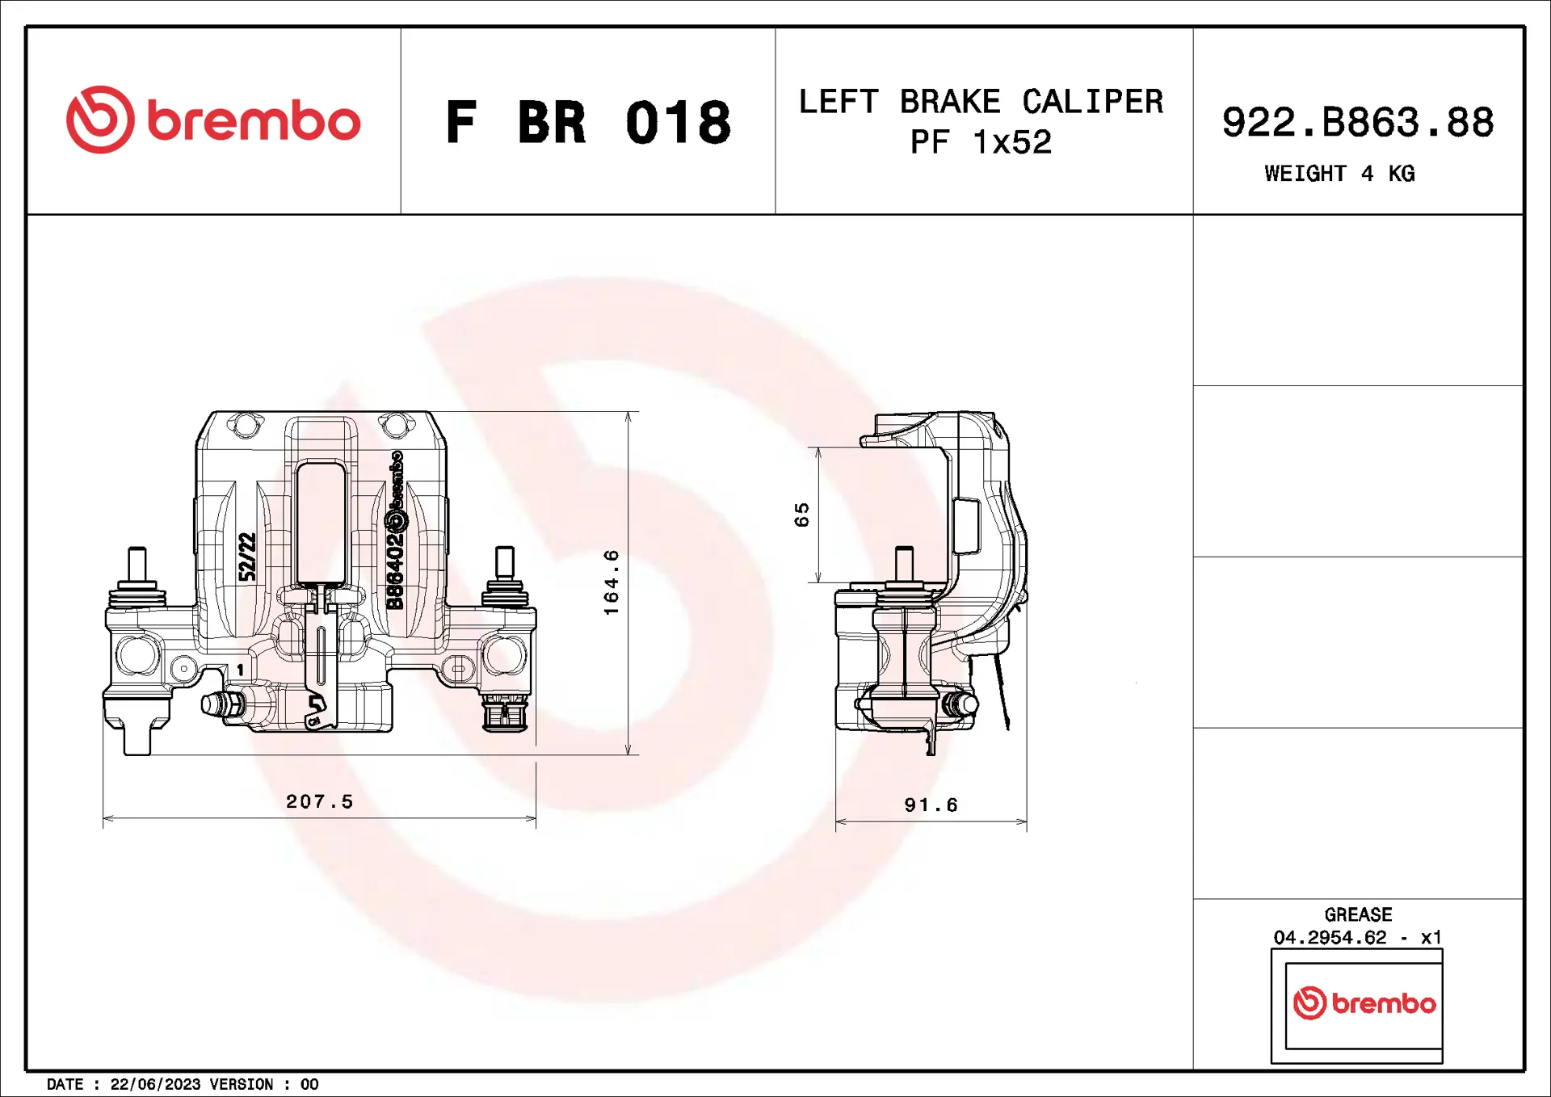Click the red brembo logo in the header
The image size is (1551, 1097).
[x=213, y=120]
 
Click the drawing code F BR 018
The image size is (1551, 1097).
[x=588, y=123]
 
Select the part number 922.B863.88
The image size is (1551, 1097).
[x=1357, y=123]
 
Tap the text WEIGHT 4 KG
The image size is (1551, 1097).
[x=1339, y=174]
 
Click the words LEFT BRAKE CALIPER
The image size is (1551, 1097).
[x=981, y=103]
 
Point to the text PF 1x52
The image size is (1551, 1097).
[x=981, y=143]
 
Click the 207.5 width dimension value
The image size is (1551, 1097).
[x=320, y=801]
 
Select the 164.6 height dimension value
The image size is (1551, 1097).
[x=612, y=582]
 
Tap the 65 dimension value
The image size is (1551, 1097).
[x=801, y=515]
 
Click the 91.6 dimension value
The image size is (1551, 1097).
[x=931, y=805]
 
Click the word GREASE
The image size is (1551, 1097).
[x=1358, y=914]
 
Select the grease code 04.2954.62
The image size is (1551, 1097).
[x=1330, y=937]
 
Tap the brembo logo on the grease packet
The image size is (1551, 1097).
[x=1364, y=1003]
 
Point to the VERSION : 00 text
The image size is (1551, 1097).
[x=263, y=1084]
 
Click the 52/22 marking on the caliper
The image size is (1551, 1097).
[x=247, y=557]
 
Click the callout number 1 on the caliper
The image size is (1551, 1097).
[x=240, y=670]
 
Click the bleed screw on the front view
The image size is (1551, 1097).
[x=221, y=704]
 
